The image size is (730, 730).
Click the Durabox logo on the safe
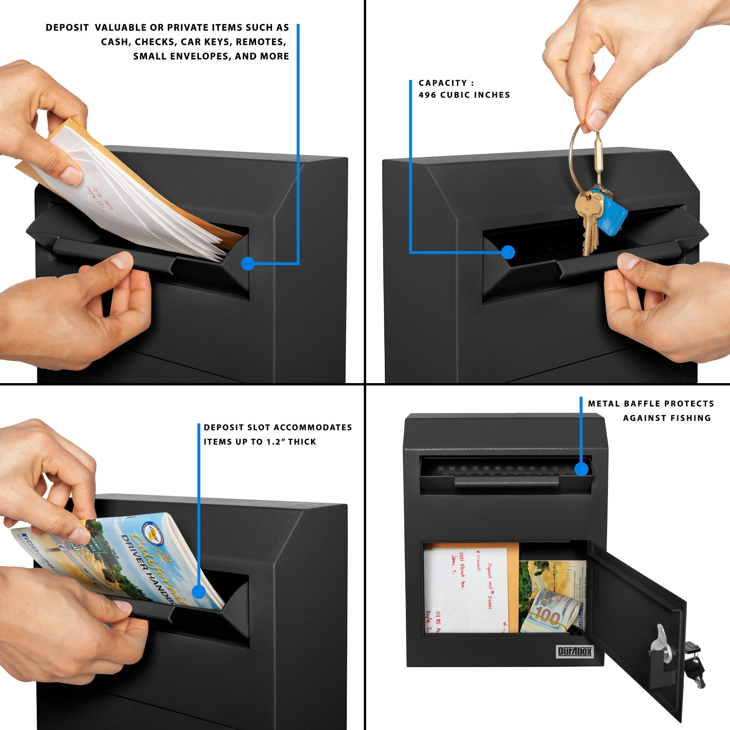(x=575, y=651)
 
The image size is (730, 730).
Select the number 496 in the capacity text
(x=427, y=95)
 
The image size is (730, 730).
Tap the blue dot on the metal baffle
(x=581, y=469)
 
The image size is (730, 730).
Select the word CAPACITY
(x=443, y=83)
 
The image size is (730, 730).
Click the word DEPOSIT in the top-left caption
(x=67, y=27)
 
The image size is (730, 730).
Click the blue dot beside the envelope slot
(x=248, y=263)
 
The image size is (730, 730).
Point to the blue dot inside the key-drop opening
(x=508, y=252)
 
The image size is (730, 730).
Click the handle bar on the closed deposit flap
(x=506, y=481)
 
